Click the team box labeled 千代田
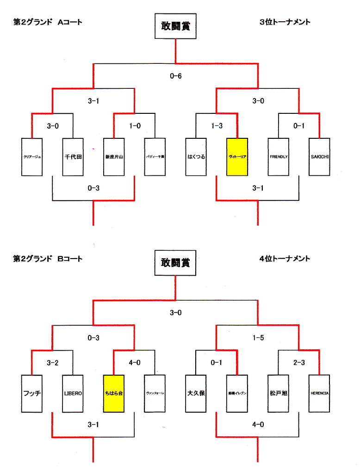73,157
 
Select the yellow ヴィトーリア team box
237,157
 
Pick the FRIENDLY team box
279,157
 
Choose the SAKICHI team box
320,157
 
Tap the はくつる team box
196,157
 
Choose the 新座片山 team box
114,157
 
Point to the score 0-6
176,76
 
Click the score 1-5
258,338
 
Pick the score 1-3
217,126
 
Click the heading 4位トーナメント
285,259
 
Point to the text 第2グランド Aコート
48,22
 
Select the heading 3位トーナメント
285,22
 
